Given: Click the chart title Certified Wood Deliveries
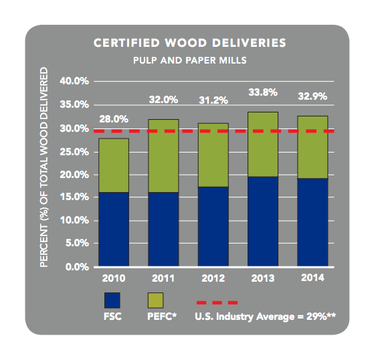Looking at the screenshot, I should [189, 43].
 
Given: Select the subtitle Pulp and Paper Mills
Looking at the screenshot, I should [189, 60].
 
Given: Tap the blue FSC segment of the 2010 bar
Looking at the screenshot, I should [114, 230].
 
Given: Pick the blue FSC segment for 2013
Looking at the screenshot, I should [263, 221].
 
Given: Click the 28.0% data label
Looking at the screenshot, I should [113, 119].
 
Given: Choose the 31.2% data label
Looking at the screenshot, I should [213, 100].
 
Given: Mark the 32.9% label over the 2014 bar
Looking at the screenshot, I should [312, 96].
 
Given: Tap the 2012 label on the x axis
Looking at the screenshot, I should [213, 277].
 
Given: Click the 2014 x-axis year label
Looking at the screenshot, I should [312, 277].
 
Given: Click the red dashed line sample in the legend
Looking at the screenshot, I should [215, 302].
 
